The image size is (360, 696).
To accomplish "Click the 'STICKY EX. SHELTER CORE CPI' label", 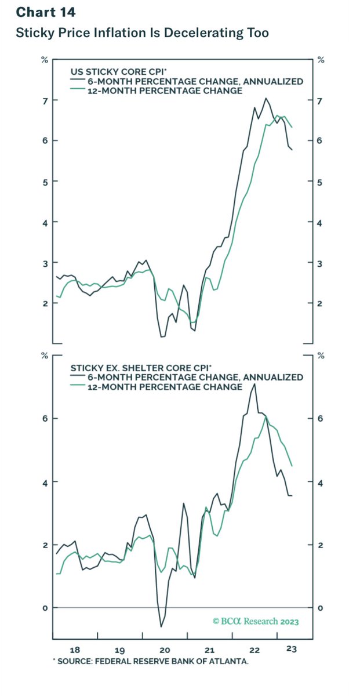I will [141, 367].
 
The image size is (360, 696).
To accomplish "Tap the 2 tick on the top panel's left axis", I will [44, 303].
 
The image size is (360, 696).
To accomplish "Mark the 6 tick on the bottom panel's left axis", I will [44, 418].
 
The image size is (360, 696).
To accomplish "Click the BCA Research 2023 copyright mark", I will [256, 621].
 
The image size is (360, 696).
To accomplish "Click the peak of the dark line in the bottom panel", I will [254, 384].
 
